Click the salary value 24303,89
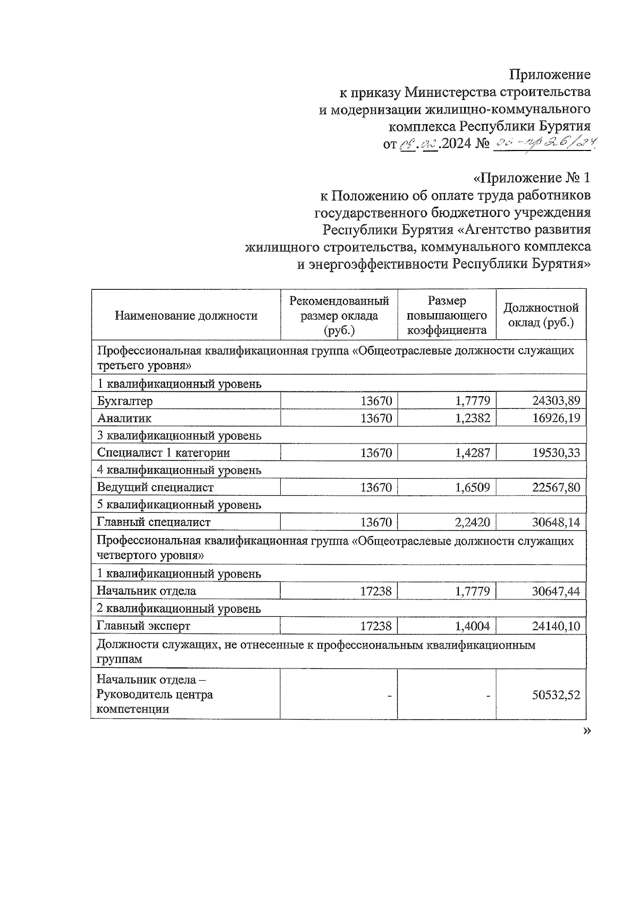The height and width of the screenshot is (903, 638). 556,400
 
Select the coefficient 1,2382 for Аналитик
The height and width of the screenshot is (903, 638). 472,418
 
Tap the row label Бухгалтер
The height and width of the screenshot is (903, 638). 125,401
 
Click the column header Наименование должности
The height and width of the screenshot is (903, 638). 186,315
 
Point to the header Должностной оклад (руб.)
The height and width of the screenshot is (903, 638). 541,315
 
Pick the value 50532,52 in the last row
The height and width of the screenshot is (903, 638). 556,695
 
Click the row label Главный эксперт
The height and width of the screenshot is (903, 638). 144,626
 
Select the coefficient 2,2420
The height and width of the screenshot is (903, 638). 472,522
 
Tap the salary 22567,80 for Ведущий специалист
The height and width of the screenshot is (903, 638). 556,487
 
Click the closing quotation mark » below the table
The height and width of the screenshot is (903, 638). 586,731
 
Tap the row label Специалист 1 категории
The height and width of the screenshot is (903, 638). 163,453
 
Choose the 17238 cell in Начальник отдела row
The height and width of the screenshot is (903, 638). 375,591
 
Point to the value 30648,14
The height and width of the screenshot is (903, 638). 556,522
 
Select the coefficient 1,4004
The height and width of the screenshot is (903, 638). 472,626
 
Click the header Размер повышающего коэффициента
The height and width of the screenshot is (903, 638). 447,315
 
